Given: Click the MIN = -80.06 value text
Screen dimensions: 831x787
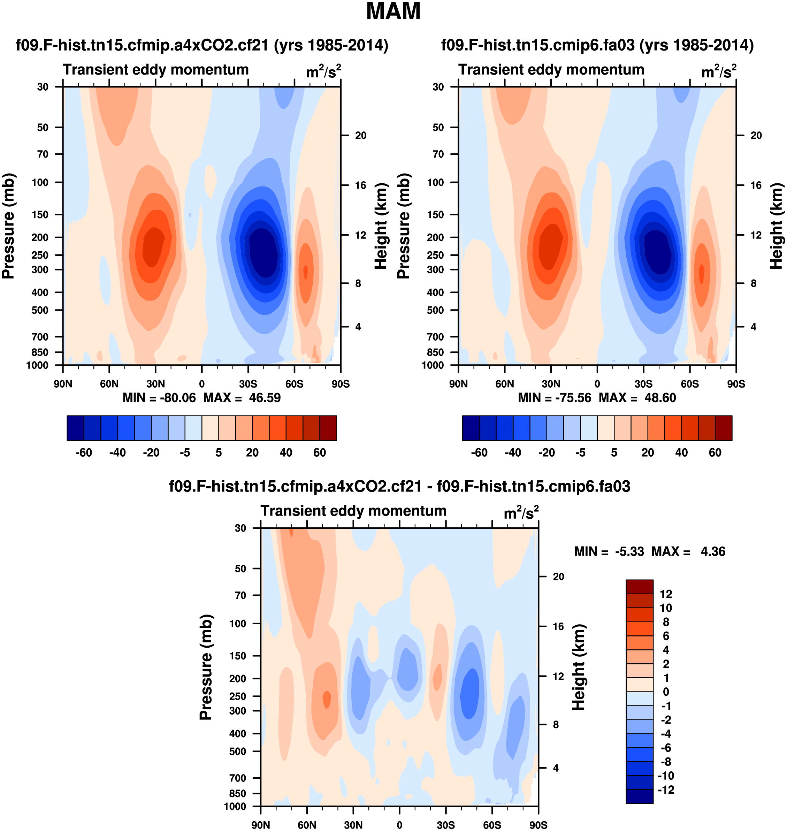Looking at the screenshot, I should click(x=159, y=398).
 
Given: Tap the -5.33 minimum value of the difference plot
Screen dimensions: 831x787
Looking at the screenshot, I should click(x=629, y=552).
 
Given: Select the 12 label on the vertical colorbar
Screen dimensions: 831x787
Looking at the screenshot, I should click(x=666, y=594).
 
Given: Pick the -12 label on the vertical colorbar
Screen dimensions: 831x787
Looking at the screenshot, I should click(x=666, y=790).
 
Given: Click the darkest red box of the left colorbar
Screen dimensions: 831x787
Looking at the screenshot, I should click(x=328, y=428).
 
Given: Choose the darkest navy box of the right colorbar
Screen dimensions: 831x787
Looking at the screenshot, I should click(x=471, y=428).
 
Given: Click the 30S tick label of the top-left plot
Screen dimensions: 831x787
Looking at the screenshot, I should click(x=248, y=384).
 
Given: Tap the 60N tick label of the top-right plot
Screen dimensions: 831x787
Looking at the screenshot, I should click(x=505, y=384).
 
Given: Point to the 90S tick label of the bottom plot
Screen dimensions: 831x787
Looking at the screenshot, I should click(x=538, y=825).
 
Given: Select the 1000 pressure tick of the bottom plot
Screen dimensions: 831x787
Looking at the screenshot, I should click(x=235, y=806).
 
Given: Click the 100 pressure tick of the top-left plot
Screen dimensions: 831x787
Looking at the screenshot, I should click(x=41, y=182).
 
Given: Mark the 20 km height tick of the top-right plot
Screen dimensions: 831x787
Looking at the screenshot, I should click(x=756, y=136).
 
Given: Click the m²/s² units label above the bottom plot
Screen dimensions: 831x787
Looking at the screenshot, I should click(x=521, y=512).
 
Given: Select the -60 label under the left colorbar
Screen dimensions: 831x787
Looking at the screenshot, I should click(x=84, y=453).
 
